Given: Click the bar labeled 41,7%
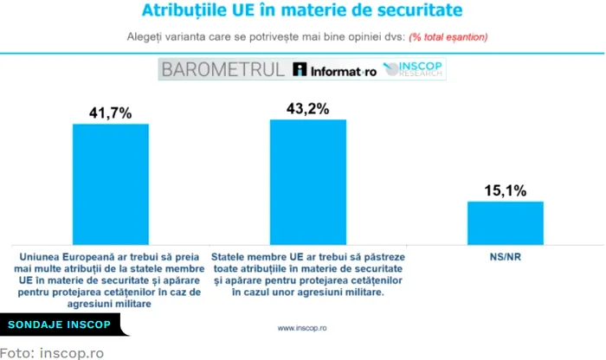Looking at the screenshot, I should (110, 184).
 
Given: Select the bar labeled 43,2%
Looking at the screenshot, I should (308, 182).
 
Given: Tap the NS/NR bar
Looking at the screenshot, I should (506, 223).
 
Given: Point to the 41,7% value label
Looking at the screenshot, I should (110, 112).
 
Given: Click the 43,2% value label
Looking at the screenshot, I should (308, 108).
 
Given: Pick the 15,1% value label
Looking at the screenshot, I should (506, 190).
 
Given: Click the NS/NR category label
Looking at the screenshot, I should (506, 258).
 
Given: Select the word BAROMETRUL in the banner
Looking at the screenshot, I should (222, 70).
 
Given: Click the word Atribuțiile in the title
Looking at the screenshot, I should (183, 12).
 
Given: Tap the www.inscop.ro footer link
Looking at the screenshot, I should (302, 328).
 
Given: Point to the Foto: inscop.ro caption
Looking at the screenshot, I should (51, 352).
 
